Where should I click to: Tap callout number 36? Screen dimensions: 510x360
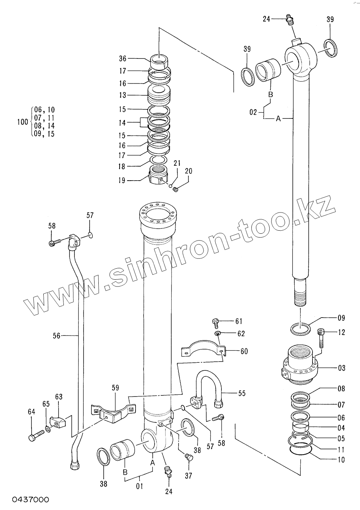coord(123,58)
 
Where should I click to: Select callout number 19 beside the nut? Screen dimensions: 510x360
coord(122,181)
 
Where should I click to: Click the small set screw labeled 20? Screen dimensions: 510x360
coord(175,189)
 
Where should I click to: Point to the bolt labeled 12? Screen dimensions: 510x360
coord(321,338)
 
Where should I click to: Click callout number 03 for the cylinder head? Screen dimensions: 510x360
coord(341,368)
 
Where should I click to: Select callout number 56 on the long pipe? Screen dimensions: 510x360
coord(57,335)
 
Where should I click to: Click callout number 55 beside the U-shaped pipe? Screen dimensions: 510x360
coord(241,393)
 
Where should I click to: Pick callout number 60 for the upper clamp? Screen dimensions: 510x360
coord(243,351)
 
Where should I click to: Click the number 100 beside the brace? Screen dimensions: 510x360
coord(23,122)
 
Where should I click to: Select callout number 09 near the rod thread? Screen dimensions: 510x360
coord(341,318)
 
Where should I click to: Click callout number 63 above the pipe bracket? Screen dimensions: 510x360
coord(58,397)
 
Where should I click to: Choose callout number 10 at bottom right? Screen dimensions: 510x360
coord(341,460)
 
